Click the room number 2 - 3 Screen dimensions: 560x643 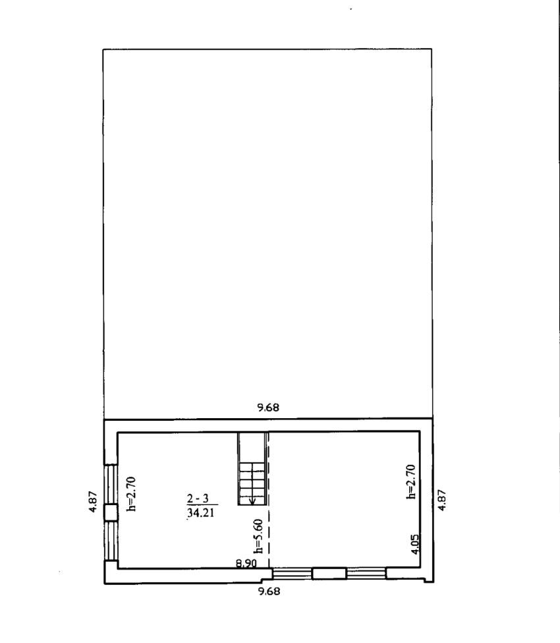198,499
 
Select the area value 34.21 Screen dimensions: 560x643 201,512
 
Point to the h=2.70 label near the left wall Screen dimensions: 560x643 132,494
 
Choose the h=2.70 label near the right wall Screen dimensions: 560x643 411,481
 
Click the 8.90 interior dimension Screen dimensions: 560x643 246,563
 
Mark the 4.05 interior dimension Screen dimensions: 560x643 416,544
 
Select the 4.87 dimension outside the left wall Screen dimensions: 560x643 93,501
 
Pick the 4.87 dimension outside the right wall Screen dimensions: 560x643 441,500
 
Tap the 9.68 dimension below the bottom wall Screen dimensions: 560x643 268,591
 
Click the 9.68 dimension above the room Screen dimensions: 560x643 268,407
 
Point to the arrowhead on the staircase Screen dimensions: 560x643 252,501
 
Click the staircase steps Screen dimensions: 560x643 252,483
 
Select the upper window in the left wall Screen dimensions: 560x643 111,484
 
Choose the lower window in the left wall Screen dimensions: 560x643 111,541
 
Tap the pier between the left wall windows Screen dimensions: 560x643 111,512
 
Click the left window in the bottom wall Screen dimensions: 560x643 292,573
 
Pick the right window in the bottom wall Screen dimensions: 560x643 366,573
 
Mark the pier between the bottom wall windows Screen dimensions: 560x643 329,573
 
